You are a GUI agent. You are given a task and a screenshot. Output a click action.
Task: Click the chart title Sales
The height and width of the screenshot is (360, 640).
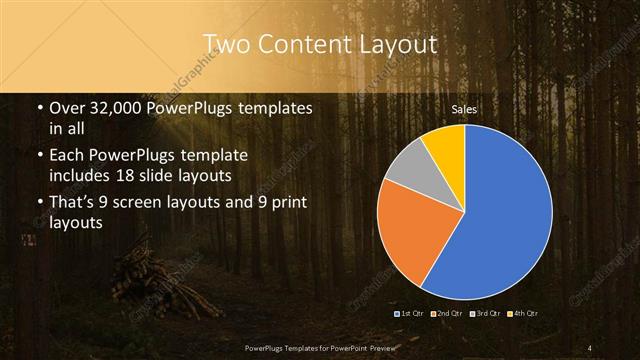tap(464, 108)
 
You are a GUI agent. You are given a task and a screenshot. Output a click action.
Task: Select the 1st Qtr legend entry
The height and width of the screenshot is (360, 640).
tap(413, 314)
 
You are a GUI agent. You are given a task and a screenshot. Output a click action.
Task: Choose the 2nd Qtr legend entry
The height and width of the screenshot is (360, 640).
tap(450, 314)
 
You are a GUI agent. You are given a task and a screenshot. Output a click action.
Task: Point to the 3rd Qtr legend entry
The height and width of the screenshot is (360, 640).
tap(487, 314)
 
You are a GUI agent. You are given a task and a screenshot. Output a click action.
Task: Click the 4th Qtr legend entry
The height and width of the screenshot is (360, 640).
tap(524, 314)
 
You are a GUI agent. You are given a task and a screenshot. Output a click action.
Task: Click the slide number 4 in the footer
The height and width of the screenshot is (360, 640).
tap(590, 347)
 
